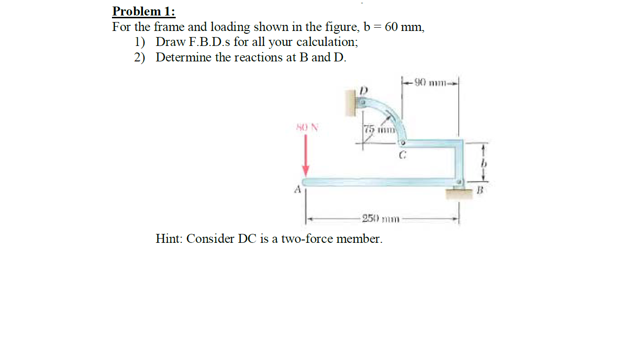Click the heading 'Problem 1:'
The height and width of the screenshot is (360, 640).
[144, 11]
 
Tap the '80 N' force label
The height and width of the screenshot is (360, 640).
[306, 127]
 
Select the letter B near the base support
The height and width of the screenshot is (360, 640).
[479, 190]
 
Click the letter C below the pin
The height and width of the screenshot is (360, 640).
[402, 154]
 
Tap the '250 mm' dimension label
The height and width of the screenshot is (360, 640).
[379, 219]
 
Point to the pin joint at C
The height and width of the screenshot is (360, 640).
[402, 142]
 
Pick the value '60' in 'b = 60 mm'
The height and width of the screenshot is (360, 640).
[392, 27]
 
